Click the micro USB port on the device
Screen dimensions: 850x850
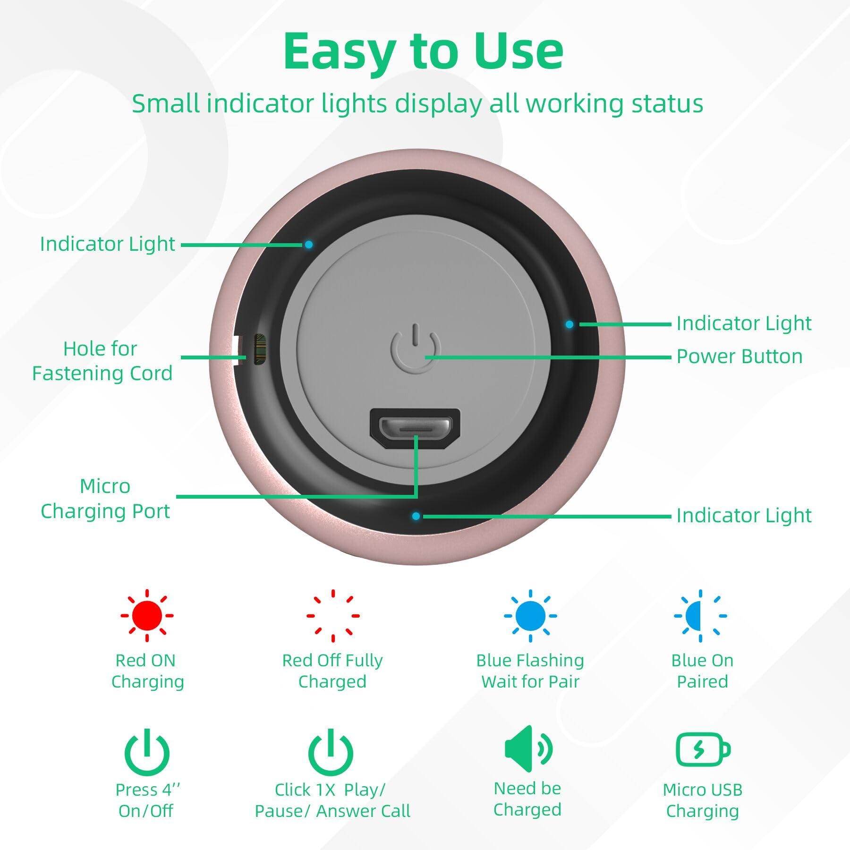coord(415,428)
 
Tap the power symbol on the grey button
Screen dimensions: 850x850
coord(416,348)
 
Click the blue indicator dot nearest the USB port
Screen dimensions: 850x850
coord(416,516)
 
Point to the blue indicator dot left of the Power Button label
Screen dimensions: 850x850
coord(569,324)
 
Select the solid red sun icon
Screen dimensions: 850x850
coord(147,615)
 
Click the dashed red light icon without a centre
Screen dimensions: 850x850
coord(333,615)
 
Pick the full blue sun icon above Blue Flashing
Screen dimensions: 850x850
coord(530,615)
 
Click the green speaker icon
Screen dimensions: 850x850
coord(527,749)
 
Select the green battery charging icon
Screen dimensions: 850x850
coord(703,749)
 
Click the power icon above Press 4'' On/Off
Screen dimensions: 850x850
coord(147,752)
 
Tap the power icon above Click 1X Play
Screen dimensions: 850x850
coord(331,752)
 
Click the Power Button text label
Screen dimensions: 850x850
coord(739,357)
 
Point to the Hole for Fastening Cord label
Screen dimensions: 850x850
coord(102,361)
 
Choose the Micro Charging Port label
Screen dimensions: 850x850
coord(105,498)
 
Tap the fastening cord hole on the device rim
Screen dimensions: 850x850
coord(260,349)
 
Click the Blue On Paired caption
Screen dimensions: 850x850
coord(702,671)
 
